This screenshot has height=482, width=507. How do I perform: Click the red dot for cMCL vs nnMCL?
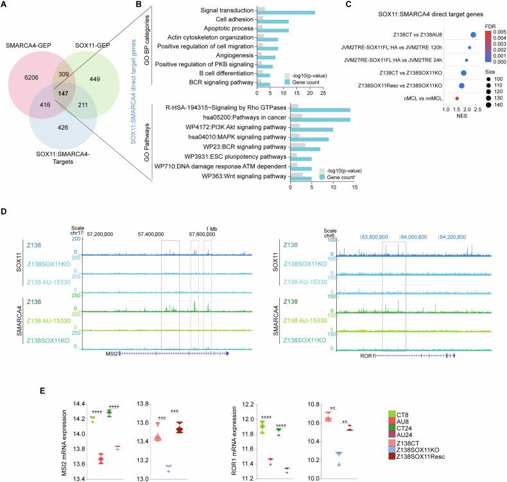tap(456, 98)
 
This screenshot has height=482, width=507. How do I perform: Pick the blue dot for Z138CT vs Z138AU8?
tap(473, 35)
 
